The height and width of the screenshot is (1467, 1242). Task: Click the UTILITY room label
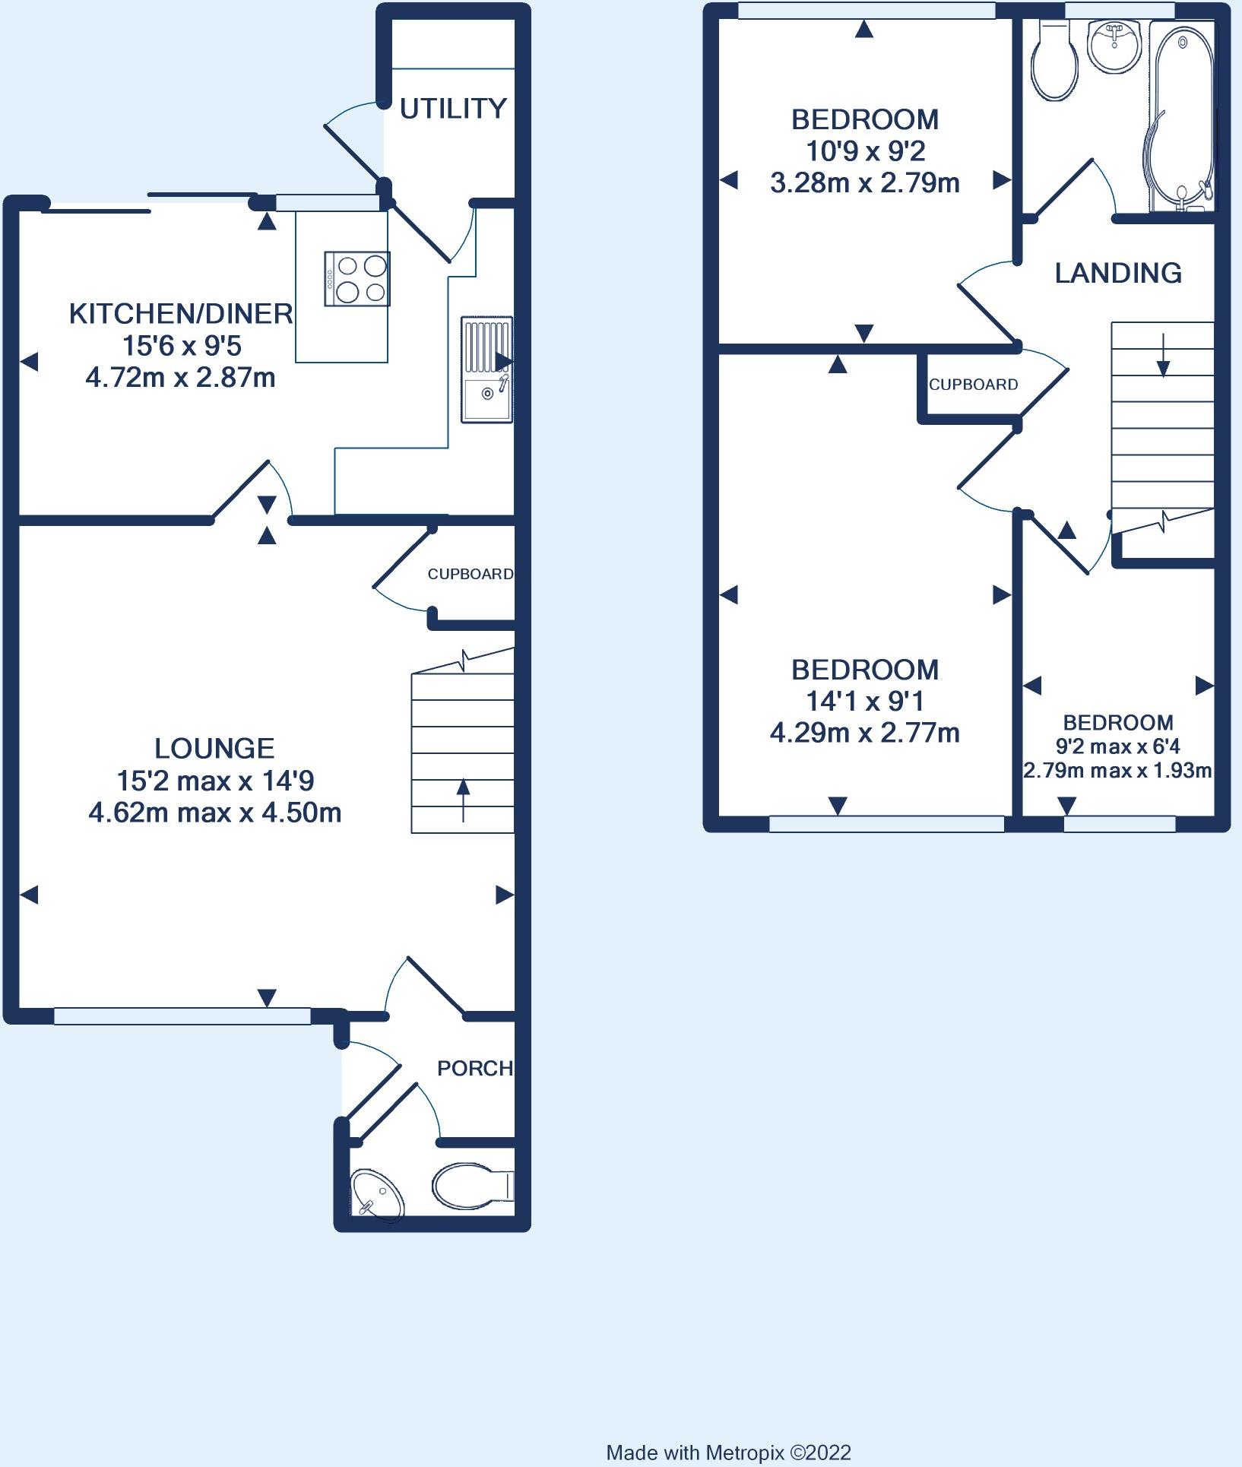pyautogui.click(x=453, y=109)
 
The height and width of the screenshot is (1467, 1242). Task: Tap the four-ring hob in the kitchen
pyautogui.click(x=357, y=279)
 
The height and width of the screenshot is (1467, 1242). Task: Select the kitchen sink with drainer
pyautogui.click(x=486, y=369)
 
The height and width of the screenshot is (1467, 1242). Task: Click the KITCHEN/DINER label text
pyautogui.click(x=181, y=313)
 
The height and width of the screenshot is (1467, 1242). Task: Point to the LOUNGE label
pyautogui.click(x=214, y=749)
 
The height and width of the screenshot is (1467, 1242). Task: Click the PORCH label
pyautogui.click(x=475, y=1068)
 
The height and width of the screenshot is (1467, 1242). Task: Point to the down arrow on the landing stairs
pyautogui.click(x=1163, y=354)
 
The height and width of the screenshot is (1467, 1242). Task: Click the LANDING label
pyautogui.click(x=1118, y=273)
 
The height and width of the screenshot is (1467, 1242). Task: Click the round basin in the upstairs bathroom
pyautogui.click(x=1115, y=45)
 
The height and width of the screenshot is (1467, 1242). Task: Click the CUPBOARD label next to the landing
pyautogui.click(x=974, y=385)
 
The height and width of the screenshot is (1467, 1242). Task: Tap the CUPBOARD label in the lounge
pyautogui.click(x=471, y=574)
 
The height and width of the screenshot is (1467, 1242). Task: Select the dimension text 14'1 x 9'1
pyautogui.click(x=865, y=701)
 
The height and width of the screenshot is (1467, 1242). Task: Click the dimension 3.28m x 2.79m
pyautogui.click(x=865, y=183)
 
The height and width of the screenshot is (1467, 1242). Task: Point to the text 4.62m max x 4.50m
pyautogui.click(x=215, y=813)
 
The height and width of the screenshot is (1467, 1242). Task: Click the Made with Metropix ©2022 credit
pyautogui.click(x=729, y=1453)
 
